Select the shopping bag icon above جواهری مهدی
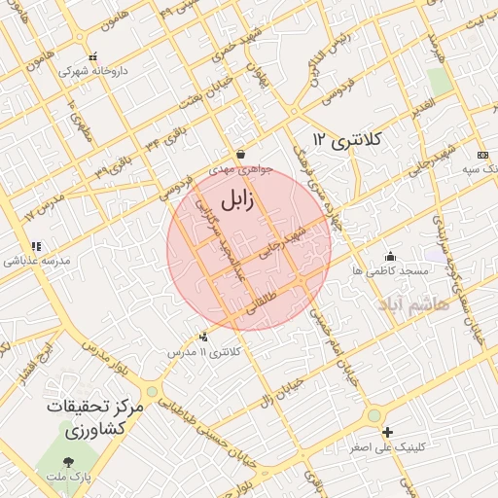pos(240,155)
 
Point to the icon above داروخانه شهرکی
pos(92,57)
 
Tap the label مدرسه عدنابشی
pos(36,261)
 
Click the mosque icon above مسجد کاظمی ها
pos(390,256)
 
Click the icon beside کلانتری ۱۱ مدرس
pos(202,337)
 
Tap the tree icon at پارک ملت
pos(67,461)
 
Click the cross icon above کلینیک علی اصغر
pos(388,432)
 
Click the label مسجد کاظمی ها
pos(389,270)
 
